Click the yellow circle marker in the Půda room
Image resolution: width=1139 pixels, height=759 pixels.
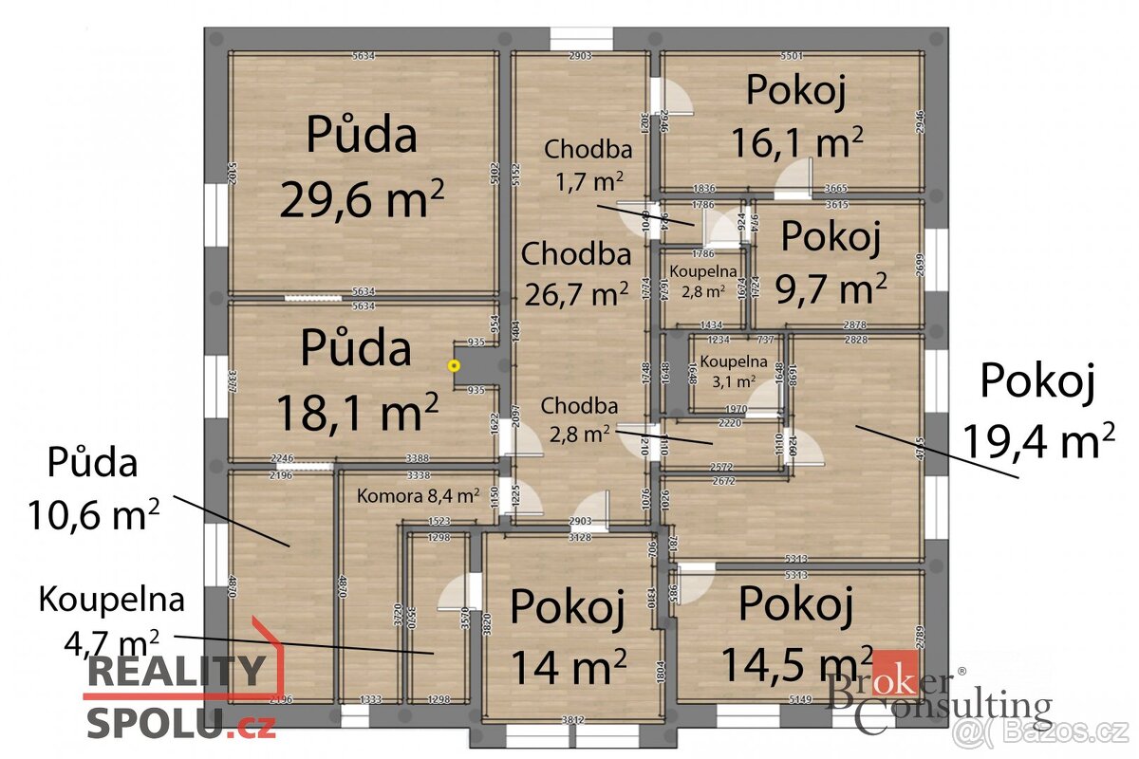(x=455, y=364)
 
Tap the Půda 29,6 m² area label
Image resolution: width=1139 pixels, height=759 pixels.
(x=362, y=167)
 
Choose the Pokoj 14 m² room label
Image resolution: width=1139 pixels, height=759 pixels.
(x=568, y=636)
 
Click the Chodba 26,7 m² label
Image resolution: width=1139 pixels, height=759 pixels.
(x=576, y=274)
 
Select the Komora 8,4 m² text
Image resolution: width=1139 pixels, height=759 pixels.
(x=418, y=494)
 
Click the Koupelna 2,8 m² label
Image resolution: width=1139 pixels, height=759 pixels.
(x=702, y=281)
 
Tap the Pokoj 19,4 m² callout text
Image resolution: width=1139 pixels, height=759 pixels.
(x=1037, y=410)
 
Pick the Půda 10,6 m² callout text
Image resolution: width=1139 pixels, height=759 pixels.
(x=94, y=490)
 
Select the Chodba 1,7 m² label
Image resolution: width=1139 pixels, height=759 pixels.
(x=588, y=163)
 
